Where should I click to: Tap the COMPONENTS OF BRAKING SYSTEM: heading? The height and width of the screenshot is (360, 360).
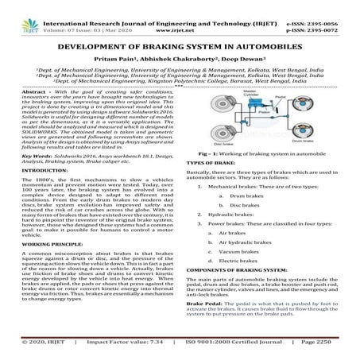tap(239, 315)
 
